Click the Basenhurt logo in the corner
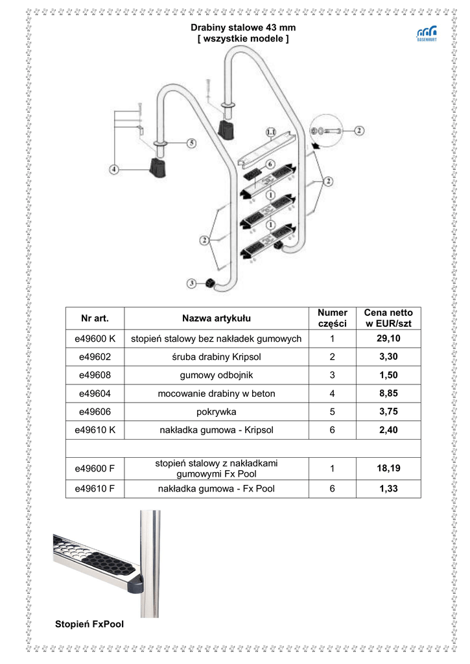426,34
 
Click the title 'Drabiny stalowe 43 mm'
243,28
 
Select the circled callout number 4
115,170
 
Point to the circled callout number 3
192,283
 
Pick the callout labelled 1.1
272,133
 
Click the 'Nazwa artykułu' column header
217,318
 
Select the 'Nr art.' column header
95,318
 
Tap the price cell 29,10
388,338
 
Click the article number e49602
95,357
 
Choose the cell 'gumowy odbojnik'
217,375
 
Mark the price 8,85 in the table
388,393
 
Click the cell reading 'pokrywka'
217,411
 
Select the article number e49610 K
95,429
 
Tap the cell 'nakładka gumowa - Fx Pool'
217,489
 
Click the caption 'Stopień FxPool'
89,624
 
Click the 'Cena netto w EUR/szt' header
388,318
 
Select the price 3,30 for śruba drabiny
388,357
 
